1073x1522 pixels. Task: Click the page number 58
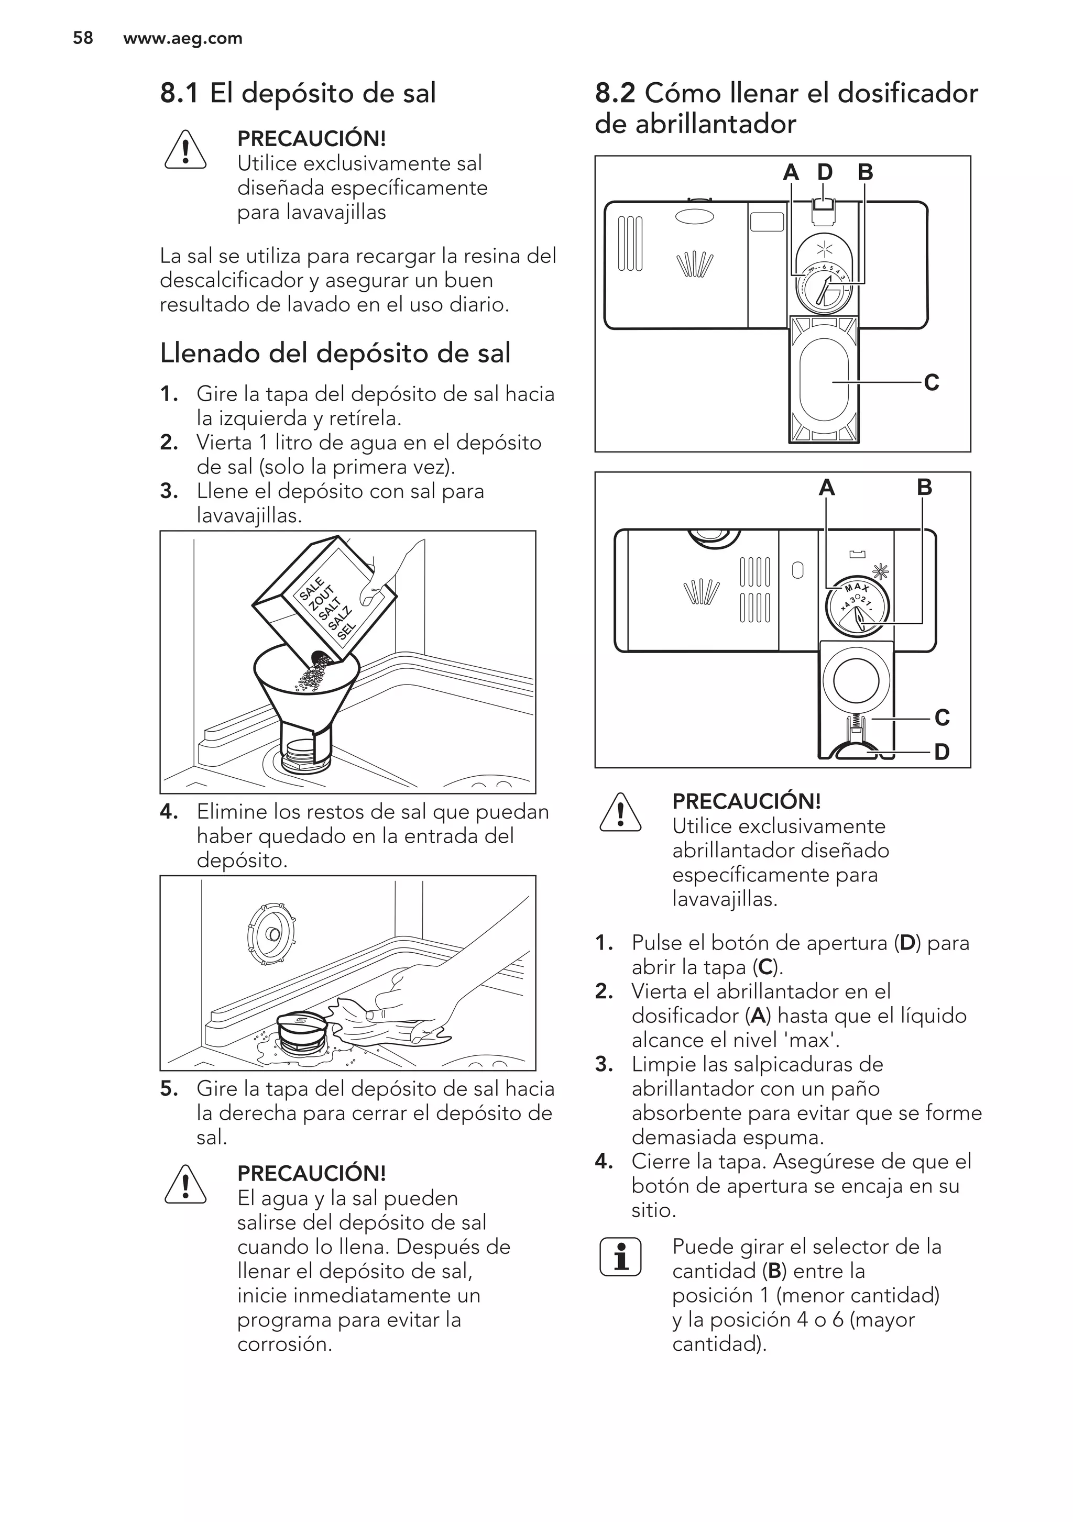82,38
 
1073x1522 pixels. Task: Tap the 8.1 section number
179,93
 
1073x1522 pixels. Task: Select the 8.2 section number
614,93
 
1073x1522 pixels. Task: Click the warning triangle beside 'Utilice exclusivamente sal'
185,150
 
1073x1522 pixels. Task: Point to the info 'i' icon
620,1257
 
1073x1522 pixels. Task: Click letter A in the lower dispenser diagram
826,488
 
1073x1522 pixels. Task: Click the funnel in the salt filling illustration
306,696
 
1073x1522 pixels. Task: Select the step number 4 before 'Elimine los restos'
169,812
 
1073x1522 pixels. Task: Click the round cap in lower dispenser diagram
856,681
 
